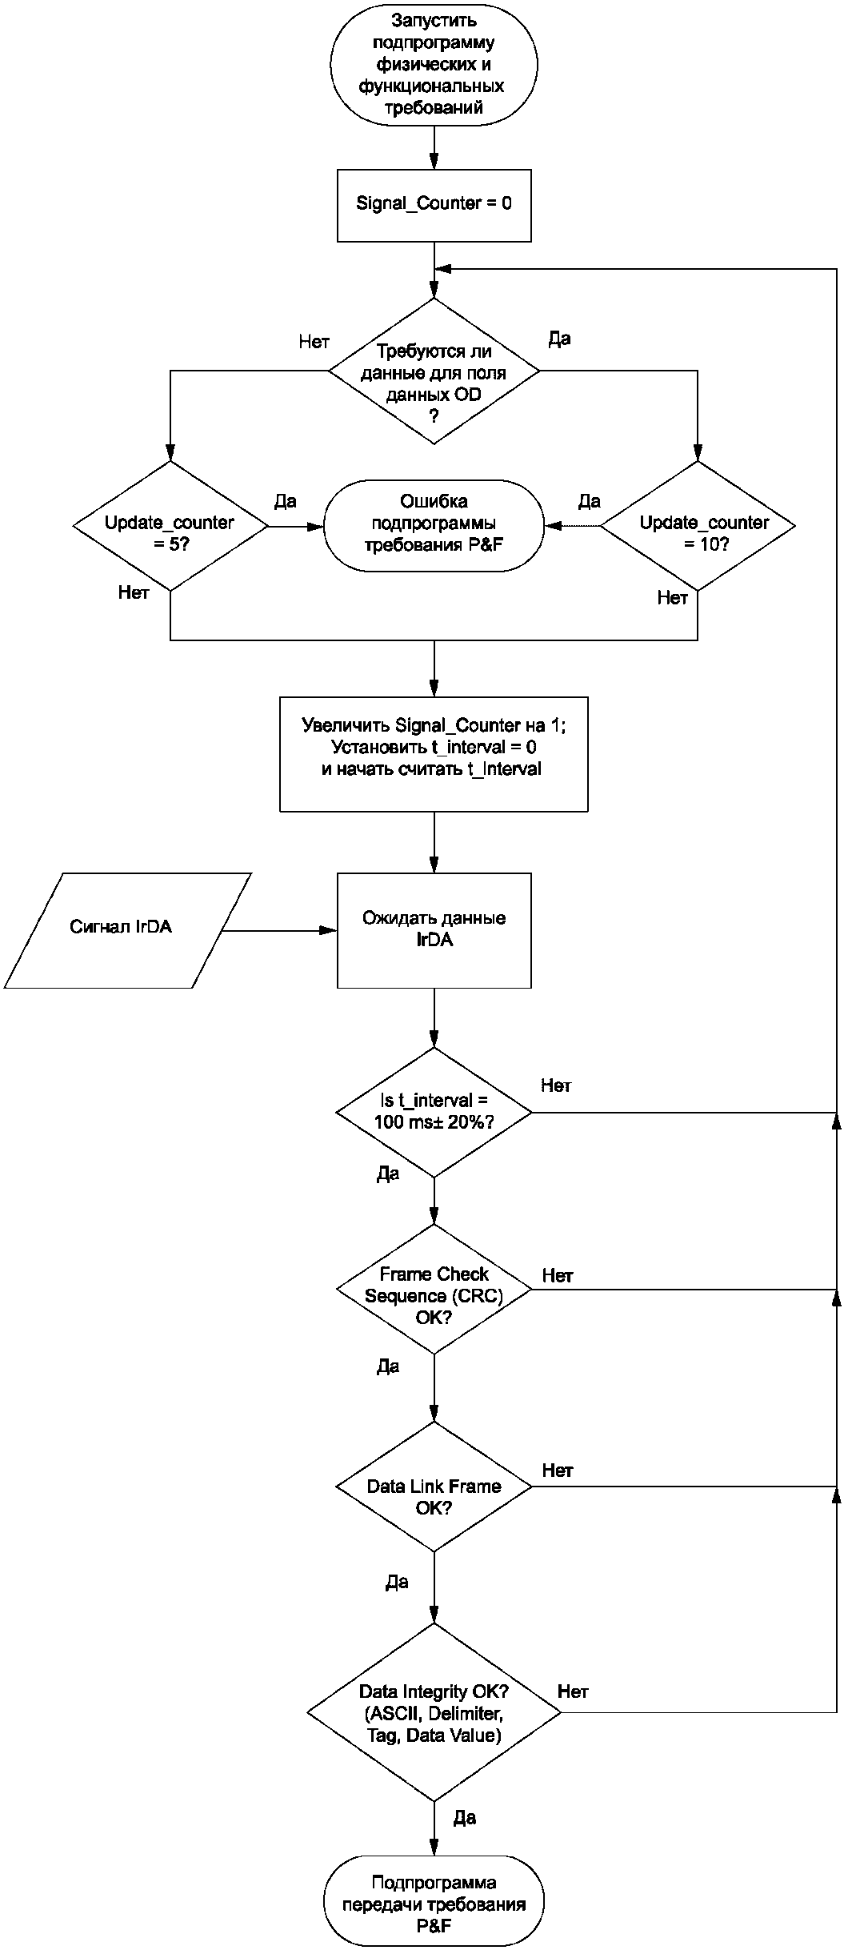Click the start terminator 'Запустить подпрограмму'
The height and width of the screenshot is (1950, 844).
point(434,64)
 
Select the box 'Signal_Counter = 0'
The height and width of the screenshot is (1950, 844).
point(434,205)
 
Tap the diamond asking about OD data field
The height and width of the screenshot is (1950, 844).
point(434,371)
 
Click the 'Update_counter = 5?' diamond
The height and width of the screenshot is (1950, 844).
point(170,526)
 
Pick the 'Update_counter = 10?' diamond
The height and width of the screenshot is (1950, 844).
point(698,526)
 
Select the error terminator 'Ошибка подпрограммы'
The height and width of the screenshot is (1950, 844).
point(434,525)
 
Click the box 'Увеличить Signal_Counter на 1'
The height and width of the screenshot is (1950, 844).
point(434,754)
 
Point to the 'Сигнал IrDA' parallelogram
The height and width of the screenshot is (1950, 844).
point(128,930)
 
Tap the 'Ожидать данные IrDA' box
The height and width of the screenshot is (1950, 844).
point(434,930)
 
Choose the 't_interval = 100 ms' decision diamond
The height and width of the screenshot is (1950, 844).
point(434,1112)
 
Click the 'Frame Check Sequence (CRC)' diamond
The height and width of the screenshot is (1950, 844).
point(434,1289)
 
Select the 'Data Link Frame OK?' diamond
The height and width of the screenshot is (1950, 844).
point(434,1487)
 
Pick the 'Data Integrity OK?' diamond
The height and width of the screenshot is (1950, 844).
point(434,1712)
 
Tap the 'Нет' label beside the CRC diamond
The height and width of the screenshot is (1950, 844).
point(557,1275)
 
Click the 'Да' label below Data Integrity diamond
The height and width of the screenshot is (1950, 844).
point(465,1818)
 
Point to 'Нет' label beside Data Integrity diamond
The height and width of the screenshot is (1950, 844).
point(573,1691)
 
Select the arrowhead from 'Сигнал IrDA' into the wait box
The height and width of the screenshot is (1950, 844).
point(328,930)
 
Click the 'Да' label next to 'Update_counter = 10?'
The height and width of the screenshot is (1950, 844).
point(589,501)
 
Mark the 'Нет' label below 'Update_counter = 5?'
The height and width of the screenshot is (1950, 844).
point(134,593)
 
